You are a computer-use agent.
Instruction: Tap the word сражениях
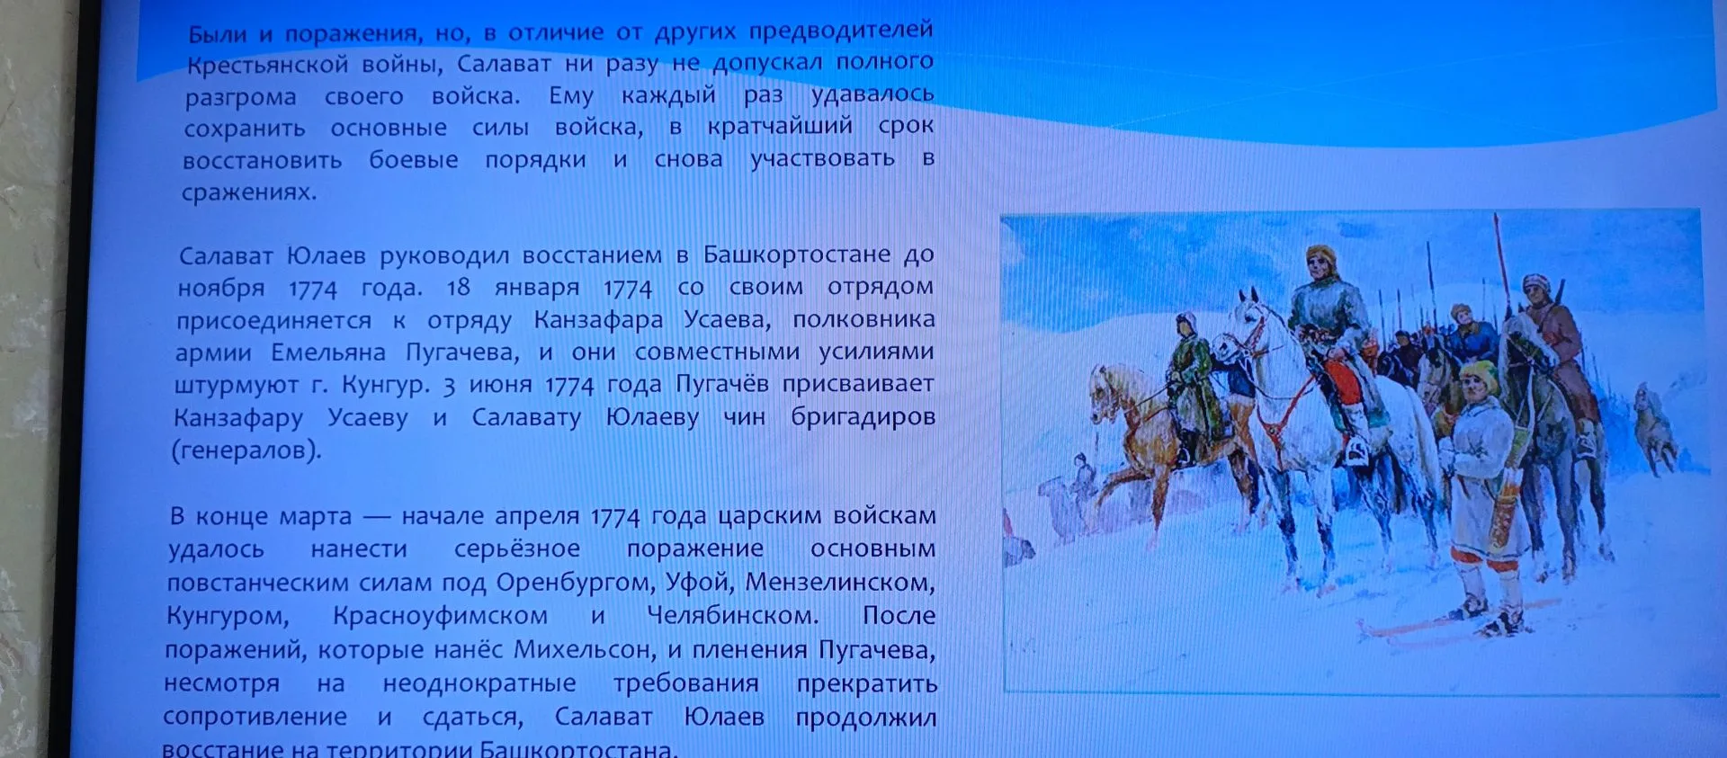[248, 192]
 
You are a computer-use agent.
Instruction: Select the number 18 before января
[459, 287]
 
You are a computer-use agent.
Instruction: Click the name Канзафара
[598, 319]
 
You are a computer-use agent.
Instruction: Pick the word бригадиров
[863, 417]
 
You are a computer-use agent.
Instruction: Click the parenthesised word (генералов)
[246, 450]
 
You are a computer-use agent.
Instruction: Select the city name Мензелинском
[840, 583]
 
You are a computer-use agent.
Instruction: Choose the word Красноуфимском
[440, 616]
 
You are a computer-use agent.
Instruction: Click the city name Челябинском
[732, 616]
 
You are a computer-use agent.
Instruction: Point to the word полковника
[863, 319]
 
